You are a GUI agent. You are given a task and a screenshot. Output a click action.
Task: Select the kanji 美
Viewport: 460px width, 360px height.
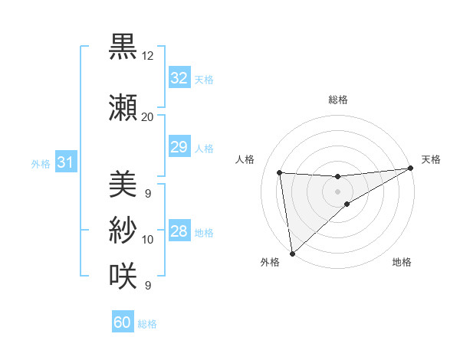123,184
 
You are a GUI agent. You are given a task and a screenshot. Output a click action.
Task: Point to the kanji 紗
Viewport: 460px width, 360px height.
123,229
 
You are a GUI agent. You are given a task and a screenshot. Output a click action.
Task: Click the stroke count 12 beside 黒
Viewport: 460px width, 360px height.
148,56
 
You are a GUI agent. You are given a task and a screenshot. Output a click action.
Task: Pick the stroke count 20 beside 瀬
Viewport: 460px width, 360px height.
148,116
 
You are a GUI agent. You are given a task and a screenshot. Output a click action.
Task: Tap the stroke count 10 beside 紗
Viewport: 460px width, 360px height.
148,240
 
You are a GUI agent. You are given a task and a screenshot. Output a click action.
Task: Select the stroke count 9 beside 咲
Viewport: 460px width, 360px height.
147,286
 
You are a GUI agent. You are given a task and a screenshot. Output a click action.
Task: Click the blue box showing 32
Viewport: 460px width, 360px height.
179,78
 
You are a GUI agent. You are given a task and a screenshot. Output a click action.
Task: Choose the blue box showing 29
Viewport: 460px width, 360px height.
179,147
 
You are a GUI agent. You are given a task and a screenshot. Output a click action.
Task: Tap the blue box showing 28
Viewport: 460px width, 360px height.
179,232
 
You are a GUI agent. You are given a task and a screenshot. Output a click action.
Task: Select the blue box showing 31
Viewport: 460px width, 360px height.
65,162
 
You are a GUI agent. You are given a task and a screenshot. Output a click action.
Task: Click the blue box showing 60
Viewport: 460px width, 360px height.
123,322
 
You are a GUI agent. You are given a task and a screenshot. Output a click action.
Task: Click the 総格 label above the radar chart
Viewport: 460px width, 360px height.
337,100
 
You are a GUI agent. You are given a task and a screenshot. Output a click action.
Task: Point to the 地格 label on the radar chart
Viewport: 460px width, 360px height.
402,263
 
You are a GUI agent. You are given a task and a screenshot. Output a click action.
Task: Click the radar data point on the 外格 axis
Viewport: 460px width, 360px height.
291,253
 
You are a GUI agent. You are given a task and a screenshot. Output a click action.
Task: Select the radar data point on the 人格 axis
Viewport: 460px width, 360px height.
280,173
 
